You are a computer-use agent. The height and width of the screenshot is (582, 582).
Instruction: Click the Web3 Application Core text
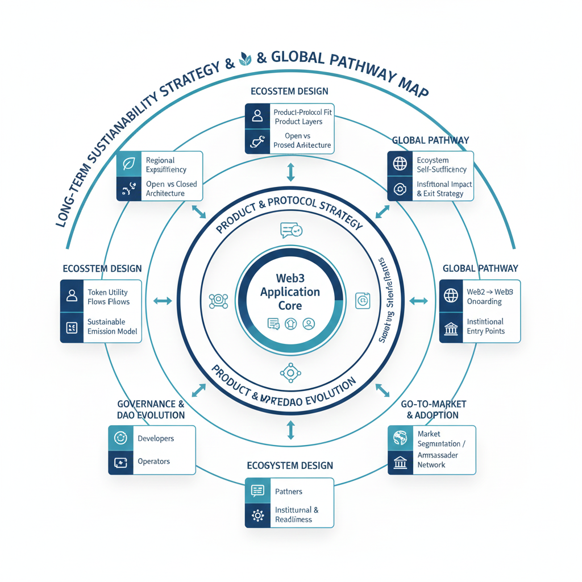point(290,292)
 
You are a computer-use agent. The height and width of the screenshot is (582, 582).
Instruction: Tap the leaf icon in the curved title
point(246,58)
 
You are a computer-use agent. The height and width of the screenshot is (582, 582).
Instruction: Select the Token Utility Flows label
point(109,297)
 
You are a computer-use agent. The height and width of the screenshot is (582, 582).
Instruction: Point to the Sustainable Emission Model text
point(112,326)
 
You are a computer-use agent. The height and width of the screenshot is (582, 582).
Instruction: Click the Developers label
point(156,438)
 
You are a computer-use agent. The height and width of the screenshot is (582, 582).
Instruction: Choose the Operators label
point(153,461)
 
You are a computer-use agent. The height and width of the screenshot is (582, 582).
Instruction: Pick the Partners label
point(289,491)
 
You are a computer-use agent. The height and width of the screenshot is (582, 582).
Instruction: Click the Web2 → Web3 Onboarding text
point(489,296)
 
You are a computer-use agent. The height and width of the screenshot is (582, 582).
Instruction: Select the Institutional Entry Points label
point(485,326)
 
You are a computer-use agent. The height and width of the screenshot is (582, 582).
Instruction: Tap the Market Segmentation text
point(438,439)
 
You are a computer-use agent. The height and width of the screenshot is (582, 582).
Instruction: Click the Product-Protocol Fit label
point(302,113)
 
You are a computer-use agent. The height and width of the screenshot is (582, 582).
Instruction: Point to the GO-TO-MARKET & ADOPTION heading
point(433,409)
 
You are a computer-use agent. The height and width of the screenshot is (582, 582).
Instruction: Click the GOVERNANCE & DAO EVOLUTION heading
point(151,409)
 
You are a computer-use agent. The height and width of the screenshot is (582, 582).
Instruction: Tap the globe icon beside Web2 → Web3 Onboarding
point(451,296)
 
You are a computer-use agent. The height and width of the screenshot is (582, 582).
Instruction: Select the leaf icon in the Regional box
point(129,164)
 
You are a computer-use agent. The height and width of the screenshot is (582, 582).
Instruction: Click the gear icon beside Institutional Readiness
point(257,516)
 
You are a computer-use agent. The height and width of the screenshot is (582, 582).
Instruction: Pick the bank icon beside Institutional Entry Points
point(451,329)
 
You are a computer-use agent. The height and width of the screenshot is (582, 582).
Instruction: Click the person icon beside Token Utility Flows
point(72,296)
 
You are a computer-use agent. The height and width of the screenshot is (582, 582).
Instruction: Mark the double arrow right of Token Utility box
point(163,301)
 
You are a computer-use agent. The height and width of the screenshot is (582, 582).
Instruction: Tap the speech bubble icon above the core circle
point(291,230)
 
